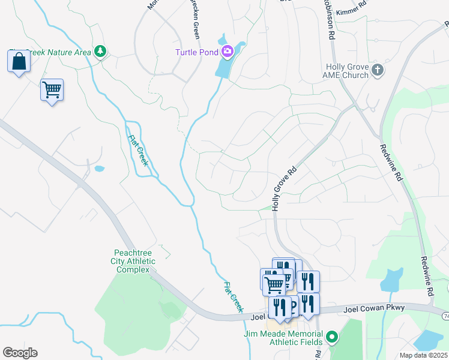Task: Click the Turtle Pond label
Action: pyautogui.click(x=196, y=52)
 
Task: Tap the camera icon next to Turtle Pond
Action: pyautogui.click(x=227, y=52)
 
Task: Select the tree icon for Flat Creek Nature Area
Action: pyautogui.click(x=100, y=52)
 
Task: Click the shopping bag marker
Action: pyautogui.click(x=19, y=61)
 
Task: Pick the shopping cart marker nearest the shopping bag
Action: pyautogui.click(x=52, y=91)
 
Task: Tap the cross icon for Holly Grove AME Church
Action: pyautogui.click(x=377, y=70)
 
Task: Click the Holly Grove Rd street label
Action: pyautogui.click(x=285, y=188)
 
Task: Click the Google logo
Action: pyautogui.click(x=20, y=353)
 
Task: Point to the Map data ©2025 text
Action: pyautogui.click(x=423, y=355)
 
